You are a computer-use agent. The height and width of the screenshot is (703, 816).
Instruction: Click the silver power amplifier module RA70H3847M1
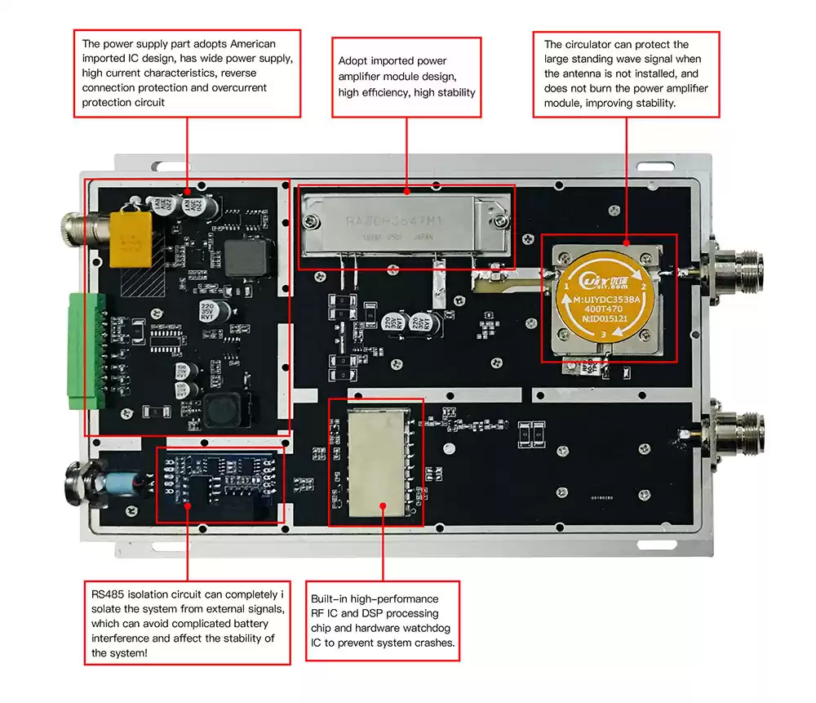(x=406, y=222)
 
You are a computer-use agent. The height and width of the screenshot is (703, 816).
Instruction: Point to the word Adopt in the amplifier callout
(x=354, y=61)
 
